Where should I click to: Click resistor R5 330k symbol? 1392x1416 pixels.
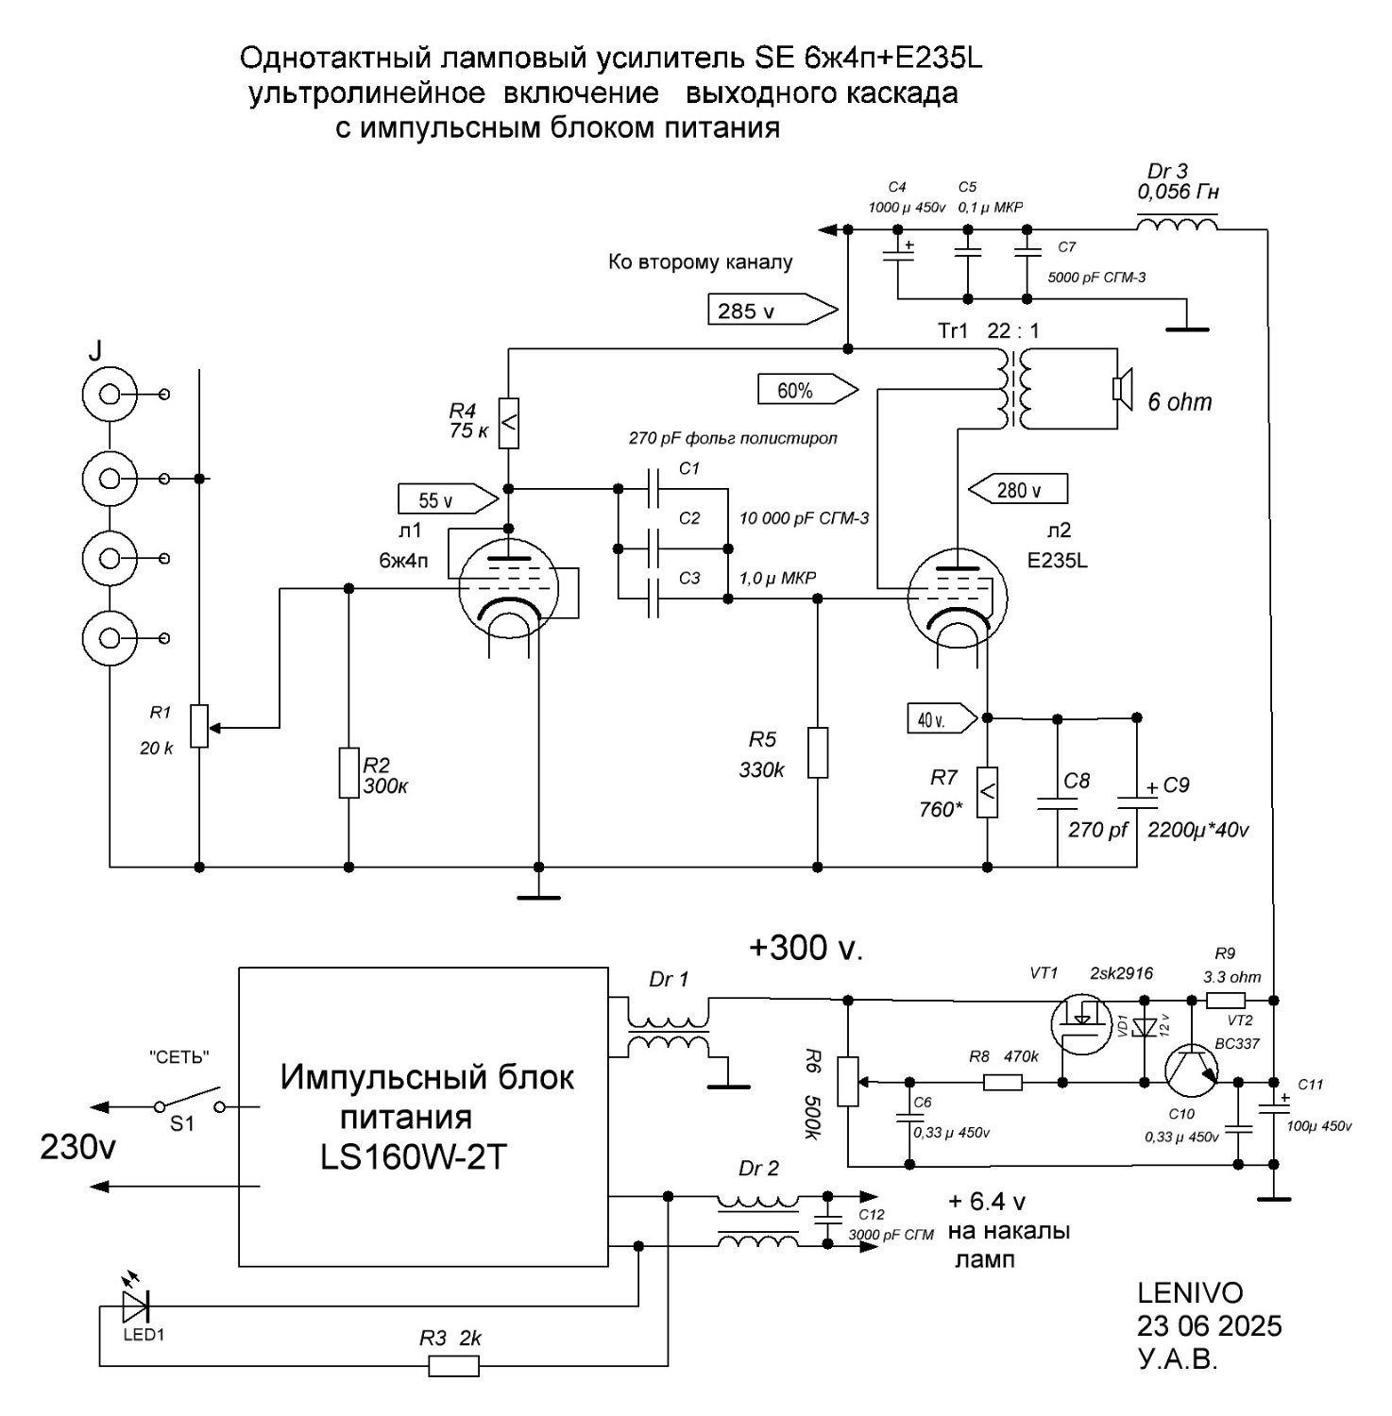tap(818, 752)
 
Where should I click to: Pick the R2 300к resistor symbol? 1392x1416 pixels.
tap(349, 773)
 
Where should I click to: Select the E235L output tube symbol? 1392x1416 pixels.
tap(957, 598)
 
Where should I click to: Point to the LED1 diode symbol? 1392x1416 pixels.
tap(136, 1306)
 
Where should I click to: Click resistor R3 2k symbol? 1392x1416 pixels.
tap(454, 1366)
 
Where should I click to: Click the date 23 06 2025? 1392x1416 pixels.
tap(1210, 1325)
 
